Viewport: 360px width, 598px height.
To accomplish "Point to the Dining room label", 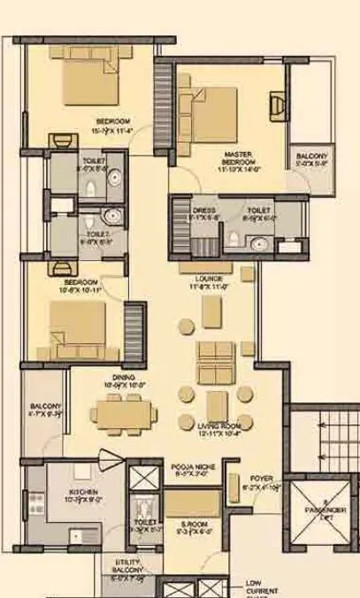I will pos(119,380).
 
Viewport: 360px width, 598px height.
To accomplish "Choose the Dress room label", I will pos(205,211).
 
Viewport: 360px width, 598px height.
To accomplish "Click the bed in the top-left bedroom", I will pos(88,84).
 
